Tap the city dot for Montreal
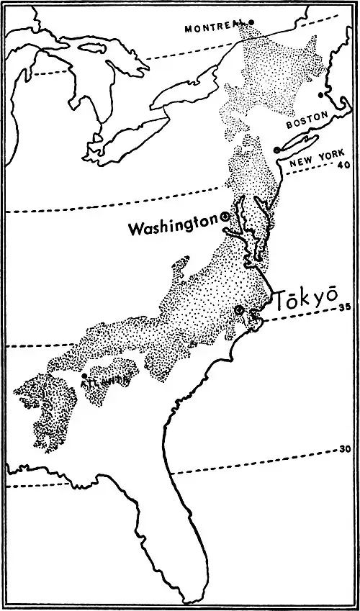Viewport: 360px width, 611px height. coord(251,22)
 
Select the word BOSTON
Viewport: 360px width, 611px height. coord(307,124)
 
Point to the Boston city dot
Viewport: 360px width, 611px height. coord(322,94)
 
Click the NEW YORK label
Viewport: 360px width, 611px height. coord(317,162)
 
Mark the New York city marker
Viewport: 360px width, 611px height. coord(276,149)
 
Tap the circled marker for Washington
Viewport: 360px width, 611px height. coord(225,216)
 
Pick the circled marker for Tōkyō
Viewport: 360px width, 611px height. coord(240,310)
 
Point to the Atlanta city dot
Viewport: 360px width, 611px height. coord(84,376)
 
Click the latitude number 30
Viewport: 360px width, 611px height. coord(346,450)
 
